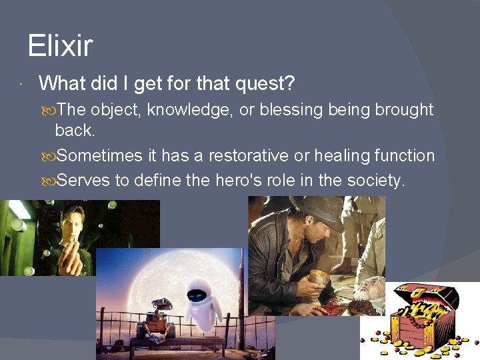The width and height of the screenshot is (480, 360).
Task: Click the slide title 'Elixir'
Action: coord(60,46)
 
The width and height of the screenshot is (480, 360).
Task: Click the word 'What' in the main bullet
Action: coord(61,84)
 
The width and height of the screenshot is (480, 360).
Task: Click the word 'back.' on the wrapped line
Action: coord(75,129)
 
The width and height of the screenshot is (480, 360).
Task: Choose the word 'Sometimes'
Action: coord(100,156)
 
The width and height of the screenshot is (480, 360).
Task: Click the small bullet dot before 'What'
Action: coord(22,85)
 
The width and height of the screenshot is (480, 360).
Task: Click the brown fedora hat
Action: coord(317,213)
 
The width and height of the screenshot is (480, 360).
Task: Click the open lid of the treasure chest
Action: coord(426,294)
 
